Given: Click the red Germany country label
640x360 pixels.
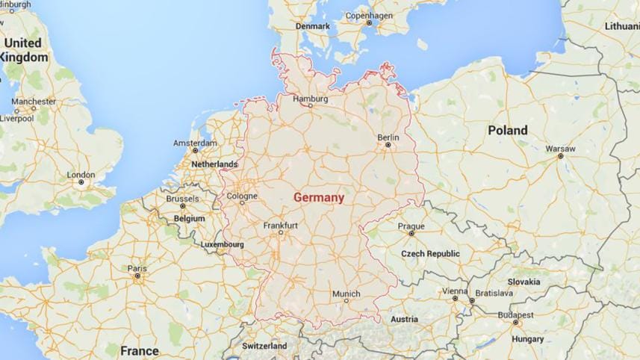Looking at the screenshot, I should click(x=319, y=198).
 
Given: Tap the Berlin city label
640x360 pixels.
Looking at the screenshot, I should click(x=388, y=137).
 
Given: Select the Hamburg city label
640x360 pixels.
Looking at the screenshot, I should click(x=311, y=98).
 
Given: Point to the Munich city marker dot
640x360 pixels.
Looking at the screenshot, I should click(x=345, y=300).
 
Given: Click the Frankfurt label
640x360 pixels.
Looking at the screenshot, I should click(x=281, y=226).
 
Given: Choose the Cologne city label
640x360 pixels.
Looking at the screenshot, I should click(x=242, y=196).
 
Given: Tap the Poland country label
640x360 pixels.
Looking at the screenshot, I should click(x=508, y=130).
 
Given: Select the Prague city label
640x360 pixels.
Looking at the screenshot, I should click(x=411, y=226).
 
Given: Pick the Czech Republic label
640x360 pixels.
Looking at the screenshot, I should click(x=430, y=254).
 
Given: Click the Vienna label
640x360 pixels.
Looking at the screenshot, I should click(x=455, y=291).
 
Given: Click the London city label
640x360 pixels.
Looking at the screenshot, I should click(x=81, y=174).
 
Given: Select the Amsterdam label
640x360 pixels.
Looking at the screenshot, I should click(x=195, y=143).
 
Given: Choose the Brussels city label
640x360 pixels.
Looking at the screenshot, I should click(x=182, y=199).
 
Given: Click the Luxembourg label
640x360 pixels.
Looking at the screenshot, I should click(x=223, y=244).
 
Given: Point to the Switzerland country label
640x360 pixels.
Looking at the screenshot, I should click(x=264, y=347).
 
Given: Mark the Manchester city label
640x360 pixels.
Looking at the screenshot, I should click(x=34, y=101).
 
